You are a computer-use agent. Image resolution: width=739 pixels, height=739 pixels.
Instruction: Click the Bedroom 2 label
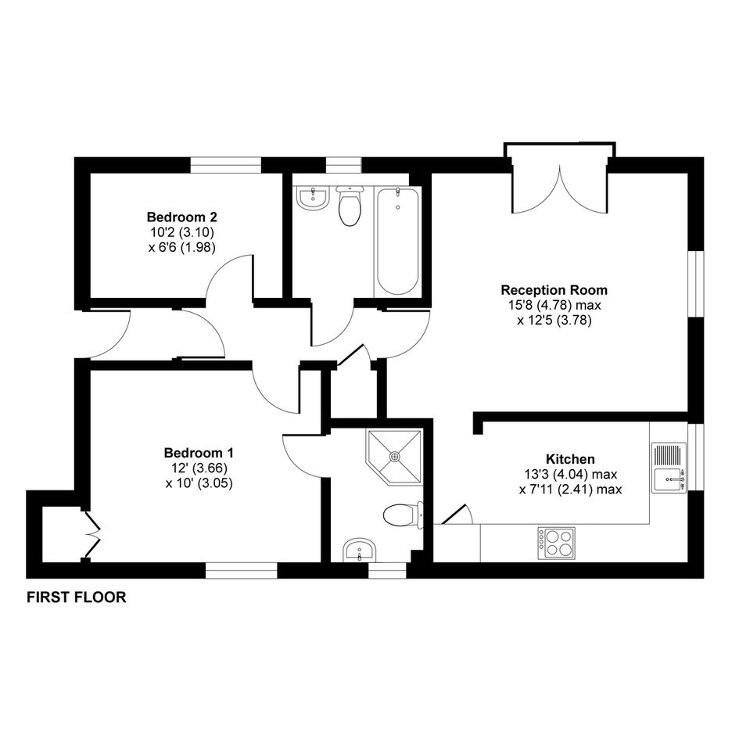click(x=182, y=217)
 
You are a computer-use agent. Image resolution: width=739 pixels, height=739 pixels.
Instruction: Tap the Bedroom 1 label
click(x=199, y=453)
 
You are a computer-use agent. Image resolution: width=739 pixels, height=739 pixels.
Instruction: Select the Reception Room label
click(x=554, y=289)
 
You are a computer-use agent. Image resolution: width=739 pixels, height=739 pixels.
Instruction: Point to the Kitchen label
click(x=570, y=458)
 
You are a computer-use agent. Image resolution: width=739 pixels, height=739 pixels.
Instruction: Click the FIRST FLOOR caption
click(x=77, y=597)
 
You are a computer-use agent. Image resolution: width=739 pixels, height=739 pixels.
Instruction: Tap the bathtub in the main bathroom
click(x=398, y=242)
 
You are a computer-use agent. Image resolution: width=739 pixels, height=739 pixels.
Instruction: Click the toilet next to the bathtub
click(x=350, y=206)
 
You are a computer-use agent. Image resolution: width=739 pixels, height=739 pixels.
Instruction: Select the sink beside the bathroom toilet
click(x=312, y=198)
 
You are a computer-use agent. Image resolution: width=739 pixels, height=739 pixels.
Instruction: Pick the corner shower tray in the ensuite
click(x=394, y=456)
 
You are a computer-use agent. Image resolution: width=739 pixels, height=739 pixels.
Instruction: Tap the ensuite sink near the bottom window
click(x=360, y=551)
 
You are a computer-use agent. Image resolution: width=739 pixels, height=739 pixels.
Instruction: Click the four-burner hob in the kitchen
click(x=557, y=543)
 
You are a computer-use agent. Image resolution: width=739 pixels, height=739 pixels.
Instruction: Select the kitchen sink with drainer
click(x=669, y=468)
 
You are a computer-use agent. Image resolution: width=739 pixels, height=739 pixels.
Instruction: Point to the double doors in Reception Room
click(x=559, y=189)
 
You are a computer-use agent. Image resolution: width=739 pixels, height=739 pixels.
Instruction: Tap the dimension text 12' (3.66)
click(x=198, y=468)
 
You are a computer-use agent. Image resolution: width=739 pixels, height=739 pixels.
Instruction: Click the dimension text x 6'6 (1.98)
click(x=182, y=247)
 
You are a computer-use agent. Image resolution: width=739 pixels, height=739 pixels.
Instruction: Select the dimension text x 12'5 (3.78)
click(x=554, y=321)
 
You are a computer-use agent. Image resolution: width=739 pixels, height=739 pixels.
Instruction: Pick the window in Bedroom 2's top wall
click(x=226, y=165)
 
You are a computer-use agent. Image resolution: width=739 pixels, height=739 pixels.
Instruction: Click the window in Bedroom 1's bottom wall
click(x=242, y=570)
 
